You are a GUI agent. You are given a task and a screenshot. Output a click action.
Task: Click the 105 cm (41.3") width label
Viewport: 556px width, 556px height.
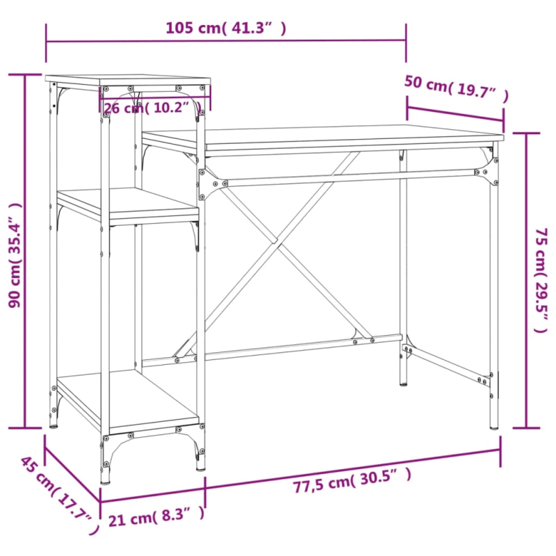tap(226, 28)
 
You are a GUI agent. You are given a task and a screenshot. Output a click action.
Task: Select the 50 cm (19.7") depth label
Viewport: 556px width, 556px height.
tap(456, 88)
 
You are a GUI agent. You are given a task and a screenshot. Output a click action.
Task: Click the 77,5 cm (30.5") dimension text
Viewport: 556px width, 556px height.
tap(352, 479)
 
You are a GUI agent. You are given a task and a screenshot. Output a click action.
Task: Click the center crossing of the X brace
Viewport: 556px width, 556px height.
tap(276, 245)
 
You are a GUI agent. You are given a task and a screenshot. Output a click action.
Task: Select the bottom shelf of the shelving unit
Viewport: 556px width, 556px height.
tap(129, 400)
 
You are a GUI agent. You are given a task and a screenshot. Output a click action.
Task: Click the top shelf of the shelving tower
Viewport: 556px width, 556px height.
tap(129, 81)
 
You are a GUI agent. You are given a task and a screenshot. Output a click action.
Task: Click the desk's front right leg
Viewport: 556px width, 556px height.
tap(494, 292)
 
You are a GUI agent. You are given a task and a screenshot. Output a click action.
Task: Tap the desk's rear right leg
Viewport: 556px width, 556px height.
tap(403, 278)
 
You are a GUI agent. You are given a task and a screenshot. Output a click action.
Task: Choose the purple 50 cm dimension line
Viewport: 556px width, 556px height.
tap(455, 115)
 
